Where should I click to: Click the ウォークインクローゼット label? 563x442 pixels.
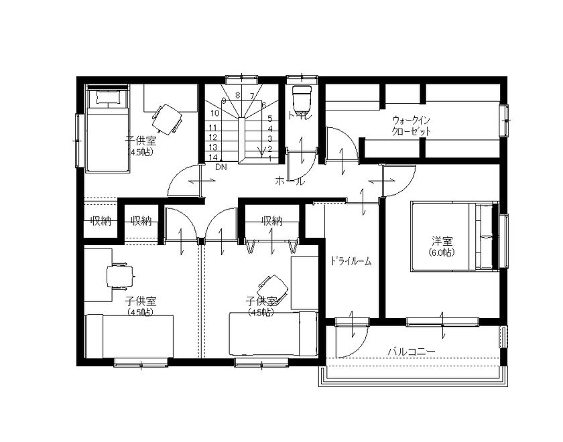point(411,126)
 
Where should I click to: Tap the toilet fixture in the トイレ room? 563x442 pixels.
point(303,98)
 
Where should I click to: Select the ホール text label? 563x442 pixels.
point(290,181)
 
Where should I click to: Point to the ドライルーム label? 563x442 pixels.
point(350,261)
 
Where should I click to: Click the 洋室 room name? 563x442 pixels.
point(441,241)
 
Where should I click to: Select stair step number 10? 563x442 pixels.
point(216,113)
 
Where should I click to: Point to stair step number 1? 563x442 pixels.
point(269,159)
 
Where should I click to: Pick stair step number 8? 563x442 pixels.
point(238,96)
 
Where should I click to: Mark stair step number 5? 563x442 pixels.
point(269,118)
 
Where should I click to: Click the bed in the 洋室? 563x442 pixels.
point(452,237)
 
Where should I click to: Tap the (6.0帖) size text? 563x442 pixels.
point(441,252)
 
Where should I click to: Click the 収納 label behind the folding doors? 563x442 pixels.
point(271,220)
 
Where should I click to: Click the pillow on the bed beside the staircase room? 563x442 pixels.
point(107,98)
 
